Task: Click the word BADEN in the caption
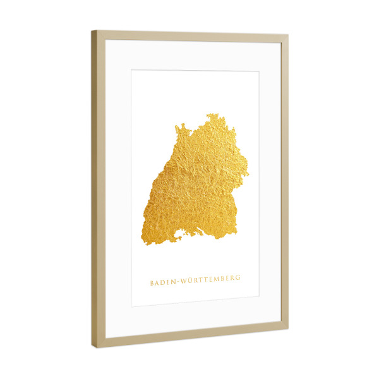[163, 282]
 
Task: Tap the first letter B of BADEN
[152, 283]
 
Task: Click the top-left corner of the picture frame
[92, 31]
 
